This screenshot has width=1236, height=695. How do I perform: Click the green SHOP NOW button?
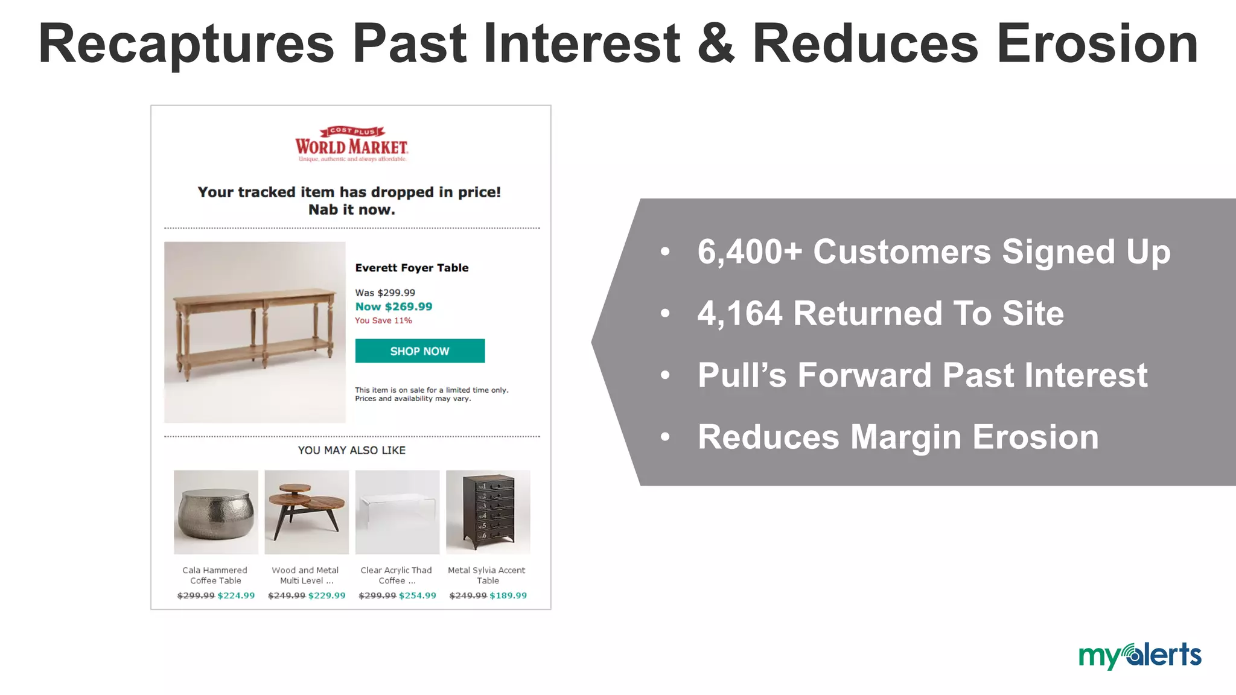click(419, 351)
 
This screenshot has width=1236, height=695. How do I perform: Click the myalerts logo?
click(1139, 656)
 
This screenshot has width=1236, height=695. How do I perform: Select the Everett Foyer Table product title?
click(412, 268)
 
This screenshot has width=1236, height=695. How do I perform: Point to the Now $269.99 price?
click(393, 306)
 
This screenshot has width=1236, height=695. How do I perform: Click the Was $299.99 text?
click(385, 293)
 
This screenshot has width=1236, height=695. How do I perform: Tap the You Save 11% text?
click(383, 320)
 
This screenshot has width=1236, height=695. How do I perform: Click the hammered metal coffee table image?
click(215, 512)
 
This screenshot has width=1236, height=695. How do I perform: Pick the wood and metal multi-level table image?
click(307, 512)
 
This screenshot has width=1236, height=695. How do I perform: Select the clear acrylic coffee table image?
click(397, 512)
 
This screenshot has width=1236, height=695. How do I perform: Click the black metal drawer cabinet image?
click(488, 512)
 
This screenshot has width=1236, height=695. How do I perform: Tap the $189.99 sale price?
click(508, 595)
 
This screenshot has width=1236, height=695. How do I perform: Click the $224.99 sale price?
click(236, 595)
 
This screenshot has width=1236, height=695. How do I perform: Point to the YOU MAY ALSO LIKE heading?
click(351, 450)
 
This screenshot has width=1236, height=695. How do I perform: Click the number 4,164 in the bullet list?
click(740, 314)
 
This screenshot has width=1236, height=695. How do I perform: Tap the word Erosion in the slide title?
click(1097, 43)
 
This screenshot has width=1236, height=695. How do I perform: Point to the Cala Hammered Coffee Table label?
click(215, 575)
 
